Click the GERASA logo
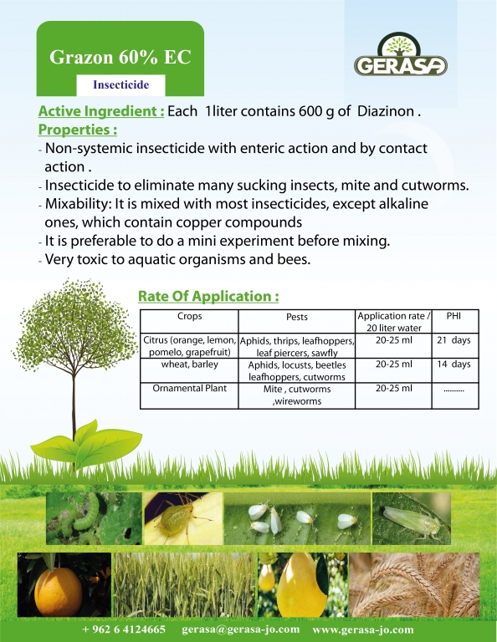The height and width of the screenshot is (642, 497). pos(400,55)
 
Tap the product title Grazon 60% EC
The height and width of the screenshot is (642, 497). pos(120,57)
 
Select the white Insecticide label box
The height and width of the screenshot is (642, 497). pos(120,84)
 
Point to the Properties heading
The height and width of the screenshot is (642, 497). pos(78,130)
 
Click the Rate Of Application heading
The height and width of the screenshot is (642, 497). pos(208,296)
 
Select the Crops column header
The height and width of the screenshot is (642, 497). pos(189,316)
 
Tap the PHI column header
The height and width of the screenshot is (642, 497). pos(453,316)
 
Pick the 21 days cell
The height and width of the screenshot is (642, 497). pos(453,340)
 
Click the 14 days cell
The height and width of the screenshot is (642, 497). pos(453,364)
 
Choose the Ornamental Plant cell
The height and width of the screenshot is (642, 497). pos(189,388)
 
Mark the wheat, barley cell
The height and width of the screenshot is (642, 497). pos(189,364)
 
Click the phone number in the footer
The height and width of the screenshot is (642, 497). pos(124,629)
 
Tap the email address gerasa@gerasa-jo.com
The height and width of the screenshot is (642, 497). pos(240,629)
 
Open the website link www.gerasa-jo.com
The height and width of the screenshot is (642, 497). pos(363,629)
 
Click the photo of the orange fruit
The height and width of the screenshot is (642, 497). pos(64,585)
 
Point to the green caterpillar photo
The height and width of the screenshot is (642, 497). pos(94,518)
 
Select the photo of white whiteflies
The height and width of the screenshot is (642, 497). pos(298,518)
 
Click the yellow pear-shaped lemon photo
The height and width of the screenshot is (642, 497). pos(302,585)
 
